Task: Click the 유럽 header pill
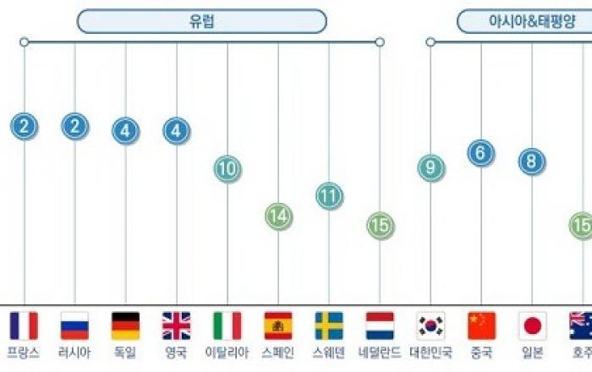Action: tap(201, 21)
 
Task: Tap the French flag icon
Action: tap(24, 325)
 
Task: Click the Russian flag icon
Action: tap(74, 325)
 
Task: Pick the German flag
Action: tap(125, 325)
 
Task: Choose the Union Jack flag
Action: tap(176, 325)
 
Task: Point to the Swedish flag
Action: tap(329, 325)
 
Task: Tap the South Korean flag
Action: tap(430, 325)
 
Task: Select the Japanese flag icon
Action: tap(532, 325)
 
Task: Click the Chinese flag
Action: tap(481, 325)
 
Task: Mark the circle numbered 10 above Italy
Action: tap(227, 168)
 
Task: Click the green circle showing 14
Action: tap(277, 216)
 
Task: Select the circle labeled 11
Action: tap(329, 196)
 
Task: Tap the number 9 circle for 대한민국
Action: tap(430, 168)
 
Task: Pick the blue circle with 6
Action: tap(481, 153)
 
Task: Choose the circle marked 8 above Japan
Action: tap(532, 161)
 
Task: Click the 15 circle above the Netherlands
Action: tap(381, 225)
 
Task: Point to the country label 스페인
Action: tap(277, 353)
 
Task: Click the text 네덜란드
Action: tap(380, 353)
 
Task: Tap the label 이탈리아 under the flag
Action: tap(227, 353)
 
